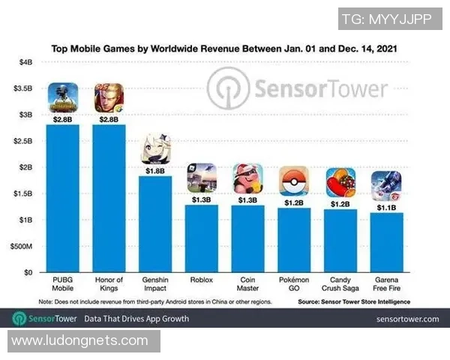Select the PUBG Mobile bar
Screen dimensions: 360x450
click(63, 198)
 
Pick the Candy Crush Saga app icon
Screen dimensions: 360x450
click(339, 182)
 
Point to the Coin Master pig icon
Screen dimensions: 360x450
click(247, 178)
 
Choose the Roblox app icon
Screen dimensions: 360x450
click(201, 178)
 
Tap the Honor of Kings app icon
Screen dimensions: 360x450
click(109, 97)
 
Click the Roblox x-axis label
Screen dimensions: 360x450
click(201, 280)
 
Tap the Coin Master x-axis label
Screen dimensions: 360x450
click(247, 284)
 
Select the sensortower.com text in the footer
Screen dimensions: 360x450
click(407, 319)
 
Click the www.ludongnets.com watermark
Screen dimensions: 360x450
click(80, 341)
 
